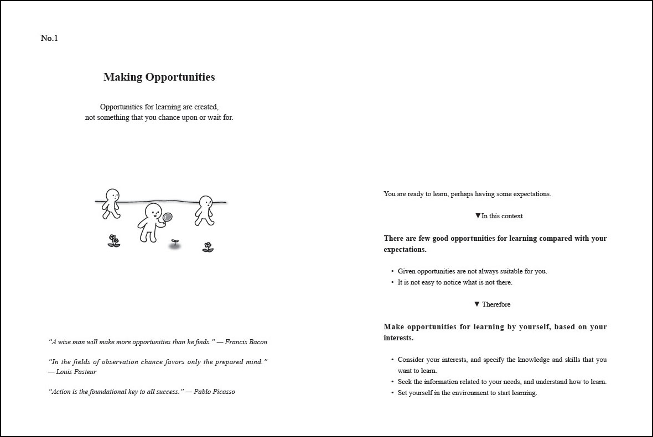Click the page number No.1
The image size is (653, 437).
(49, 38)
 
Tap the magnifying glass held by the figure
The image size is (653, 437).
(167, 218)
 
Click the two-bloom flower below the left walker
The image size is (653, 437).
(113, 240)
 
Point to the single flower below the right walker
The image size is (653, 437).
(208, 246)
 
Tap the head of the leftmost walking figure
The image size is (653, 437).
(113, 195)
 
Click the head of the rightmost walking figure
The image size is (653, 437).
(206, 202)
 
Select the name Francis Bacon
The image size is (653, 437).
(246, 342)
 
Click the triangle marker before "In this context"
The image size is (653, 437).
(478, 215)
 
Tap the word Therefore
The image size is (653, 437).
(496, 304)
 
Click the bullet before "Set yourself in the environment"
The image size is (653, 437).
(392, 393)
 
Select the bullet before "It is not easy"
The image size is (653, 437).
(392, 282)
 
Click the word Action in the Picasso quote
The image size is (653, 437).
(61, 392)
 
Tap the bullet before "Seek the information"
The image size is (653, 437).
(392, 382)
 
